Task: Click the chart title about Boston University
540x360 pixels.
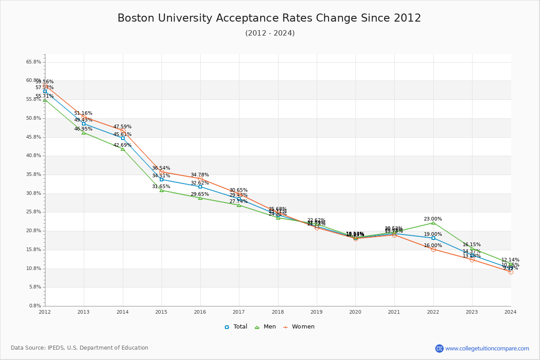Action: (x=269, y=18)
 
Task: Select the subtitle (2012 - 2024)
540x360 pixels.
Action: (x=270, y=33)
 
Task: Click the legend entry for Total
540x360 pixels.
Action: (x=236, y=327)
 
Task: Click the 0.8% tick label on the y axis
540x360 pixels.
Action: (x=35, y=306)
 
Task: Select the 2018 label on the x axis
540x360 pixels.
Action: (x=278, y=312)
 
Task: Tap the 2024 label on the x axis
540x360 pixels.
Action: (x=510, y=312)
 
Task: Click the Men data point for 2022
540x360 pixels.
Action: (x=433, y=223)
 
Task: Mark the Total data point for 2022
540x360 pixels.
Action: (x=433, y=238)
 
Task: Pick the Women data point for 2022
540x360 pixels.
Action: (x=433, y=249)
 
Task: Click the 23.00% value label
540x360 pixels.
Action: (x=433, y=219)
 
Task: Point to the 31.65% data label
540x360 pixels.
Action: (x=161, y=187)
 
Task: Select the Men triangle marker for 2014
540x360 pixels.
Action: (x=123, y=149)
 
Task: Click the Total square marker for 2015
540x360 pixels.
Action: (x=162, y=180)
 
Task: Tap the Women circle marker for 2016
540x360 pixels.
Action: (x=200, y=179)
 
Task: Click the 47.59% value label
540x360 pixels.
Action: (x=122, y=127)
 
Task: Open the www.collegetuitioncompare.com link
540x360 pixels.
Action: (x=487, y=348)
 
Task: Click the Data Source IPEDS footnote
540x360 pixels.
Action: (x=80, y=348)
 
